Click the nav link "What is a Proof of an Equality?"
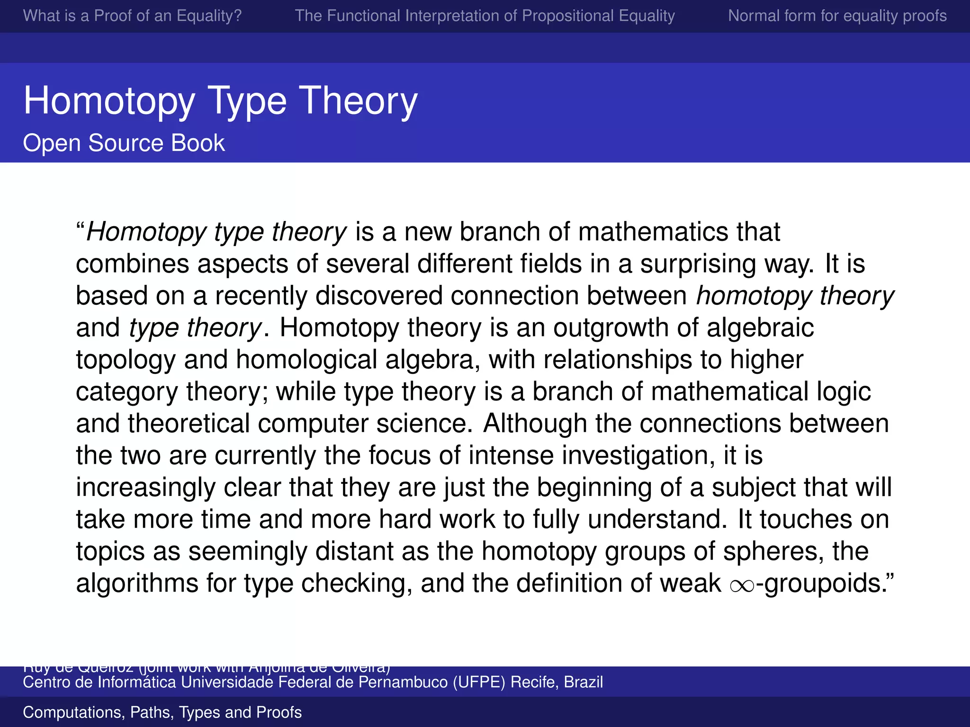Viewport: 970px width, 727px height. point(132,16)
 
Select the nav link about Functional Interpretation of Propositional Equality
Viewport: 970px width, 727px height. point(485,16)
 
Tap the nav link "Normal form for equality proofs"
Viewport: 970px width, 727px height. point(837,16)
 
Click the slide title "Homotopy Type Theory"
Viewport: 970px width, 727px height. point(220,101)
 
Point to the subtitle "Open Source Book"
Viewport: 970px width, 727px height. point(124,143)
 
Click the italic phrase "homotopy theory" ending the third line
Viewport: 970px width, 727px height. point(795,296)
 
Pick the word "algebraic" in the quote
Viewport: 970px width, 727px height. point(760,328)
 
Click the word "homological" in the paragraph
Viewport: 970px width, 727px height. point(306,360)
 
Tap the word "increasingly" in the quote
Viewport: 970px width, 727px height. point(145,488)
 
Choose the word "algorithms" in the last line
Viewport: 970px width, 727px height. point(137,584)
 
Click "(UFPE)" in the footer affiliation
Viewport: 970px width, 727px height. point(479,682)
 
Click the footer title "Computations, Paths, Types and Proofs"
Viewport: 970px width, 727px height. point(162,712)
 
